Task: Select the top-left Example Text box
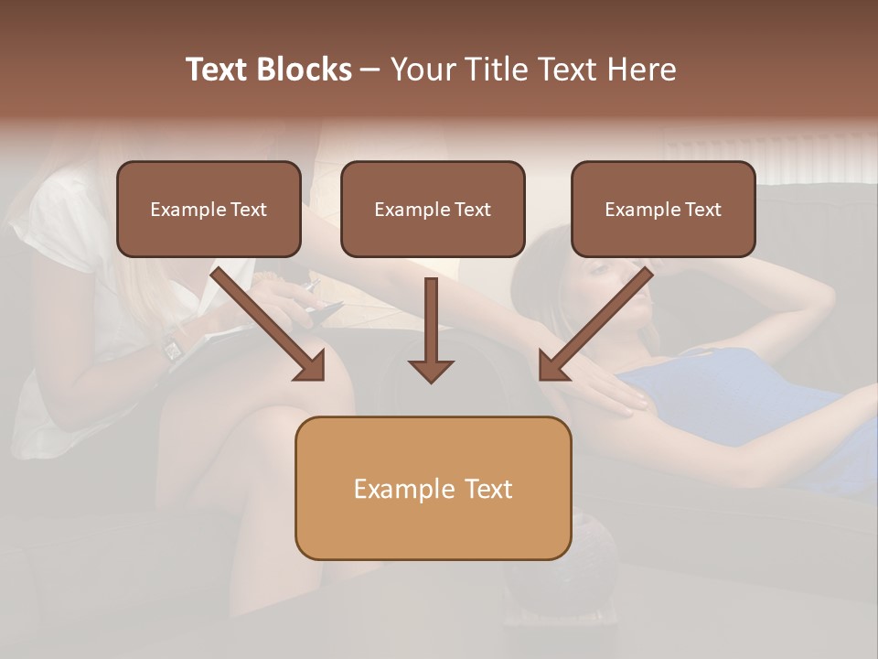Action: click(x=209, y=209)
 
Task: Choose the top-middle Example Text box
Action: click(x=433, y=209)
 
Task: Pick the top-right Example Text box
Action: click(x=663, y=209)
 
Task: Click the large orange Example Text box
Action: click(x=433, y=488)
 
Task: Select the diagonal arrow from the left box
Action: click(x=270, y=325)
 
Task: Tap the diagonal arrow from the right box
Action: click(x=594, y=325)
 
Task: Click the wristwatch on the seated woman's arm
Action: click(x=172, y=348)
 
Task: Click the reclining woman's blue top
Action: click(x=732, y=403)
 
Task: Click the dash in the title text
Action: click(x=370, y=70)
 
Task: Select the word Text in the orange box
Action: click(x=487, y=489)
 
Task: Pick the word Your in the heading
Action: click(x=423, y=70)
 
